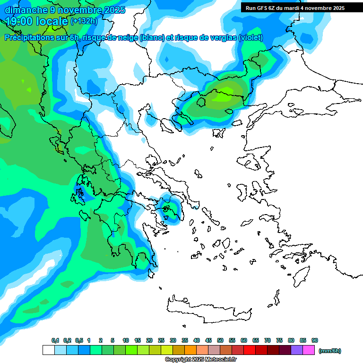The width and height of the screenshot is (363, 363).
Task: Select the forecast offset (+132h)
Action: pos(84,21)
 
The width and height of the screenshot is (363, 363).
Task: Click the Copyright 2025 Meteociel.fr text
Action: pos(200,360)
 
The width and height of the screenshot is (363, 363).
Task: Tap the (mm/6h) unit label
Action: pos(329,351)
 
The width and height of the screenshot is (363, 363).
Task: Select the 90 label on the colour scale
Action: pos(315,340)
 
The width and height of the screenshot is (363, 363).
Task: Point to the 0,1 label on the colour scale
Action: pos(55,340)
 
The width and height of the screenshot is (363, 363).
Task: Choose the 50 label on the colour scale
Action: pos(220,340)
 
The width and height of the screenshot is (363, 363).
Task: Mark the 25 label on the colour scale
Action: pos(161,340)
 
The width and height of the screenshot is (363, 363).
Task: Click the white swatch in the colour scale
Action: pos(48,350)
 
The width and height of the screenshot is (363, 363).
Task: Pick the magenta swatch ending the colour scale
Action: pos(309,350)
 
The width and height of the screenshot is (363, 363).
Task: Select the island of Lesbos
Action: pos(251,163)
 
